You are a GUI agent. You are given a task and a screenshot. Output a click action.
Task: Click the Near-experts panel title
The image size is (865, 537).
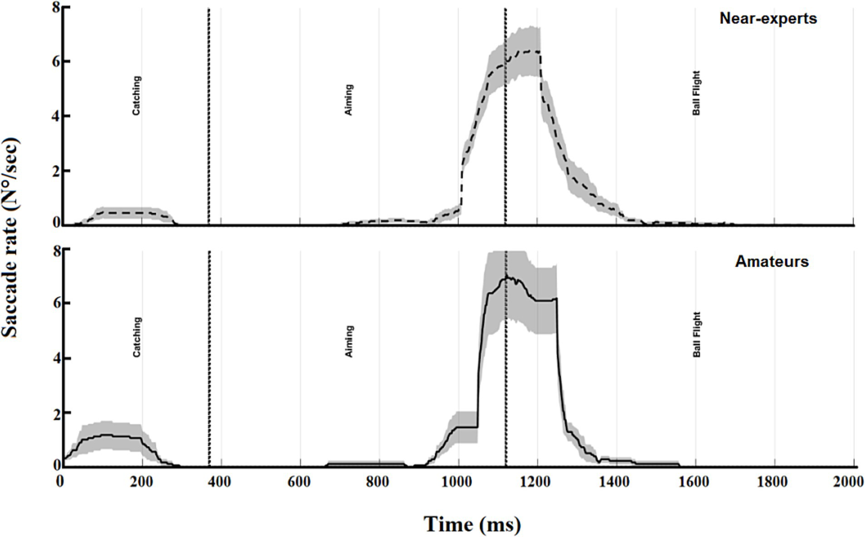768,19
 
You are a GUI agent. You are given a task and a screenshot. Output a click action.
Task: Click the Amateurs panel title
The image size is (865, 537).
771,262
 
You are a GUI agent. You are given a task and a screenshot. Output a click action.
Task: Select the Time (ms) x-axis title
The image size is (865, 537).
472,524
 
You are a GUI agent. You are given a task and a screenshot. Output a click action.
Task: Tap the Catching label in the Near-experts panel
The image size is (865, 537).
136,96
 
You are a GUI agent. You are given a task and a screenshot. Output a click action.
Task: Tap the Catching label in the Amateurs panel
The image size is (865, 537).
136,337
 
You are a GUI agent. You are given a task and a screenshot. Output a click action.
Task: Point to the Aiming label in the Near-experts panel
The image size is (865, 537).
349,100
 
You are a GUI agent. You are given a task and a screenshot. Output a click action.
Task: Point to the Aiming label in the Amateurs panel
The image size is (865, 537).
349,341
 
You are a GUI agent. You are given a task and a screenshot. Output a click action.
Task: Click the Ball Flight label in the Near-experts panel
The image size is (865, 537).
697,93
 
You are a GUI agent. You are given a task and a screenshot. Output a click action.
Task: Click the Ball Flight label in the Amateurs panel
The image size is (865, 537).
697,334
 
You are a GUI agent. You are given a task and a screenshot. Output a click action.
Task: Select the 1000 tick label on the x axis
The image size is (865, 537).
457,482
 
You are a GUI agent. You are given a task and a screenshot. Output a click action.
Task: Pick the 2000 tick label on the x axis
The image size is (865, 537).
848,482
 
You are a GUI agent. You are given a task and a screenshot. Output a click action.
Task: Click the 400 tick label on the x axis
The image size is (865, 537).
219,482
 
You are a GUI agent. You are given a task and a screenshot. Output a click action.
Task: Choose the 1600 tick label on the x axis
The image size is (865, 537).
694,482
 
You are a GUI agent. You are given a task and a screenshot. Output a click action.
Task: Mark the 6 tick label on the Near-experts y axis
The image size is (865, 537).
56,61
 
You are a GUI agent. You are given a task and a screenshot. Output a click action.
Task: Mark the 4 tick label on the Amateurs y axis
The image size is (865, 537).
56,359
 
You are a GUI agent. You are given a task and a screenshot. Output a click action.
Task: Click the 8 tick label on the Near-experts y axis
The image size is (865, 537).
56,8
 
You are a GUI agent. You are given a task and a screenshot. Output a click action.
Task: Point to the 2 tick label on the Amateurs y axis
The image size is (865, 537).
56,413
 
